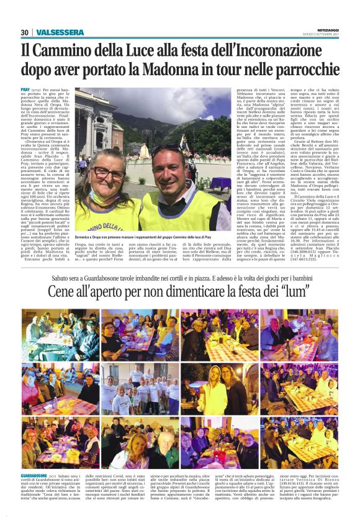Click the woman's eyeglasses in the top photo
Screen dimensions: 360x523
coord(109,173)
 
